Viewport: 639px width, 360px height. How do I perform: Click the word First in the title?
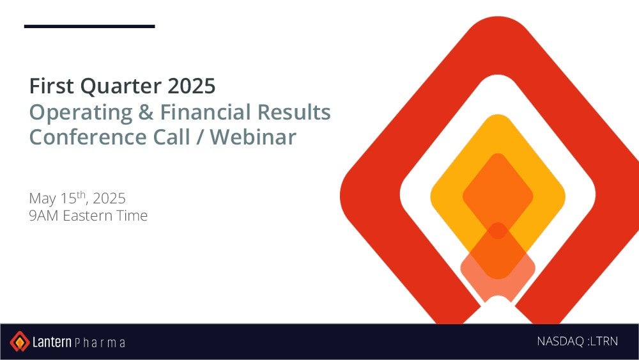tap(52, 86)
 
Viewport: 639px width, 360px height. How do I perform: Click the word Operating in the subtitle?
tap(81, 113)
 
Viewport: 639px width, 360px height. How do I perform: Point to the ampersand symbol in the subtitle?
tap(146, 112)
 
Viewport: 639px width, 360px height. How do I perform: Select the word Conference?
tap(88, 137)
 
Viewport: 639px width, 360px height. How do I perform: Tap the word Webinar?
tap(254, 137)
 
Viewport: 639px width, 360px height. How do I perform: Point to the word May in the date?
tap(42, 199)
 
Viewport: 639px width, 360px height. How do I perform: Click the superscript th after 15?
tap(81, 194)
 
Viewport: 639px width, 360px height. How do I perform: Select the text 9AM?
tap(44, 215)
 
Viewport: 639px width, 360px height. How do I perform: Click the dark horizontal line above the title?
tap(89, 26)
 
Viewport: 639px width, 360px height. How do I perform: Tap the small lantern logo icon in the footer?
tap(20, 341)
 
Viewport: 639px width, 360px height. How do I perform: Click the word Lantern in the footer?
tap(52, 341)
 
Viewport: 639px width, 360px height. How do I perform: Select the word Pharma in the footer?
tap(100, 343)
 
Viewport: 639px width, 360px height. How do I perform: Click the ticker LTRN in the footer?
tap(604, 341)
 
